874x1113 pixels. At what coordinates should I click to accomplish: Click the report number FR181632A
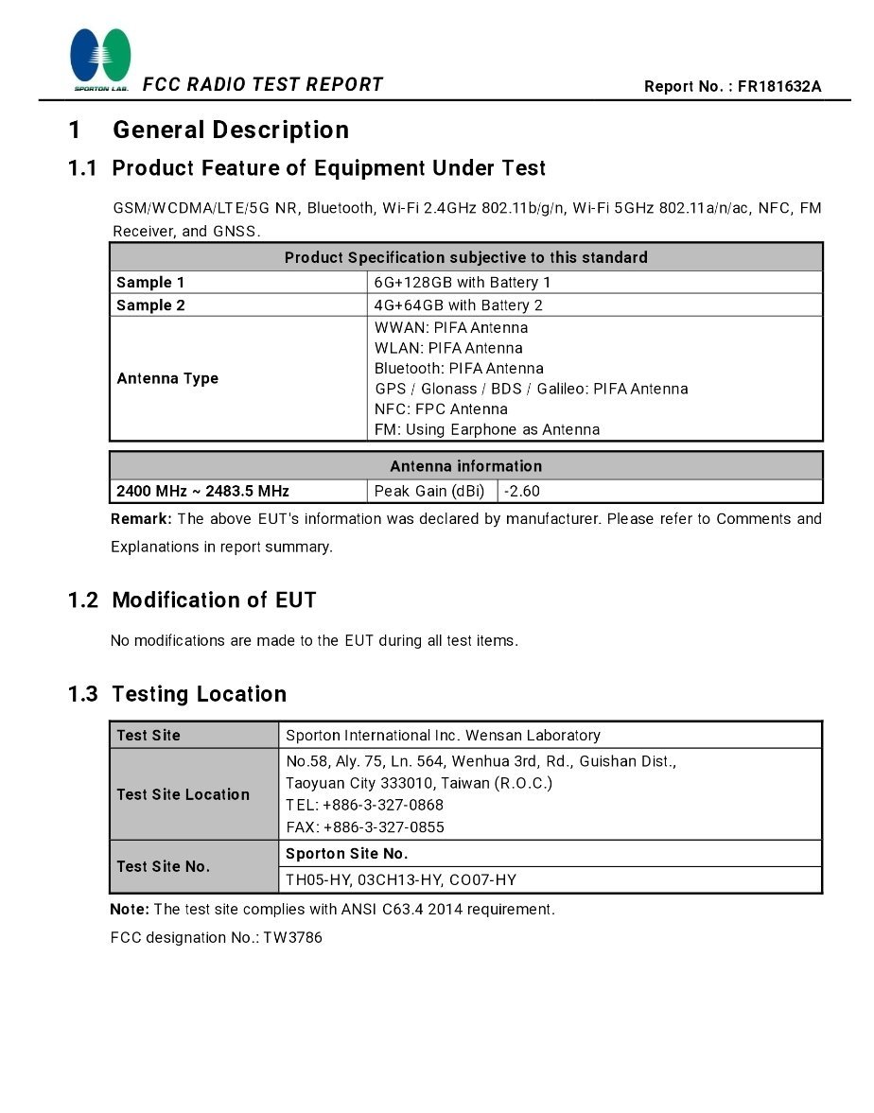[779, 87]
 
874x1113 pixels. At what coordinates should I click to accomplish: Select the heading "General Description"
[231, 130]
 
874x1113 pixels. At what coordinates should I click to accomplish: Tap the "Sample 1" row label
[150, 283]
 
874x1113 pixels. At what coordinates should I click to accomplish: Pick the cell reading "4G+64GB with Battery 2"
[459, 305]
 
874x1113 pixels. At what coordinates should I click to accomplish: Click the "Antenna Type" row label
[167, 379]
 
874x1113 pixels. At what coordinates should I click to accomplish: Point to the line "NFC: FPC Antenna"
[441, 409]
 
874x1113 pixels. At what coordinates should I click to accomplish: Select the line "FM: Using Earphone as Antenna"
[487, 430]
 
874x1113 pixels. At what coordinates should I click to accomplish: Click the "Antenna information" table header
[465, 466]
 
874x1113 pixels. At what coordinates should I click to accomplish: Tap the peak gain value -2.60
[522, 492]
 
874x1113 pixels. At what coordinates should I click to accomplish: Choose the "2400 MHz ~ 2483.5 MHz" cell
[202, 492]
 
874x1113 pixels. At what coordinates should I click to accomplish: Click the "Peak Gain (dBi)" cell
[429, 492]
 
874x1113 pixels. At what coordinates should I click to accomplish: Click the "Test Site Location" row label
[183, 795]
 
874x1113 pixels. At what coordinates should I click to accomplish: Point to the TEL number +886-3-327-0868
[383, 806]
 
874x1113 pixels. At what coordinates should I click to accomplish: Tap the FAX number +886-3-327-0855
[384, 827]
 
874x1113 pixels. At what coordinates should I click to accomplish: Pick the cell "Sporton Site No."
[347, 854]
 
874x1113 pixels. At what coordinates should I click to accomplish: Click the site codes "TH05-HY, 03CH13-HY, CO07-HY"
[401, 880]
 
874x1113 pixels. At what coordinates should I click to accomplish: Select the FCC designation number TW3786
[292, 939]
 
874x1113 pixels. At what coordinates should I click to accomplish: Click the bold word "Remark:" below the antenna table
[141, 519]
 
